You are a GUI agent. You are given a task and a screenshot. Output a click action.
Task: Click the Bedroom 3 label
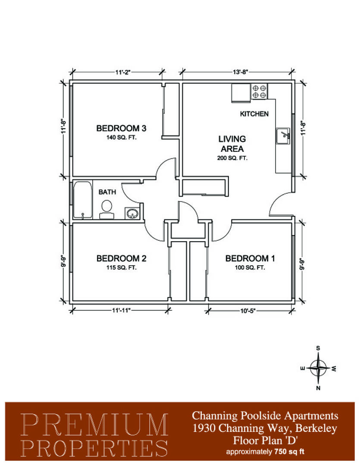(x=121, y=129)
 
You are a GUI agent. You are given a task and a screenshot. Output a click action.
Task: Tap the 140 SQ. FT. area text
(x=121, y=138)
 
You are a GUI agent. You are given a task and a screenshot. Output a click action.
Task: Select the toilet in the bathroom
(x=106, y=210)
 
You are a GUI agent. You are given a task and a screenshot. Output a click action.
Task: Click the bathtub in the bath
(x=83, y=200)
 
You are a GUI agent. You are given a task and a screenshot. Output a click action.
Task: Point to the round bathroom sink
(x=132, y=214)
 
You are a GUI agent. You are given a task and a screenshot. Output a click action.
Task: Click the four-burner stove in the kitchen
(x=259, y=91)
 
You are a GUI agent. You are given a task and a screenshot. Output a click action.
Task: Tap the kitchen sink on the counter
(x=283, y=136)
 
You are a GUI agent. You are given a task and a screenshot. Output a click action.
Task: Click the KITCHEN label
(x=254, y=114)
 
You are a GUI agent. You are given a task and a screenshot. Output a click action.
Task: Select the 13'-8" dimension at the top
(x=240, y=72)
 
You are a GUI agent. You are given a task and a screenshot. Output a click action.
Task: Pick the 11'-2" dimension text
(x=123, y=72)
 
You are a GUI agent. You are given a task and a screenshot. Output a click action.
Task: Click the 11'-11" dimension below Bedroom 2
(x=121, y=310)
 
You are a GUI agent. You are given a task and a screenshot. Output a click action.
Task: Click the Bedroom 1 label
(x=250, y=258)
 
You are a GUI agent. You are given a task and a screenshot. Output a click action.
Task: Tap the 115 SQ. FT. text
(x=122, y=268)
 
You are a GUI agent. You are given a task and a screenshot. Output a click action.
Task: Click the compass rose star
(x=318, y=368)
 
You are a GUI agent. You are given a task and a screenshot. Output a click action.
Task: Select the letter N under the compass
(x=318, y=388)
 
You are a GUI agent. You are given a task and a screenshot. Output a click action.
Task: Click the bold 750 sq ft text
(x=289, y=452)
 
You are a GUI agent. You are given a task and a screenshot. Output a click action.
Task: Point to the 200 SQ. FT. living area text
(x=232, y=158)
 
